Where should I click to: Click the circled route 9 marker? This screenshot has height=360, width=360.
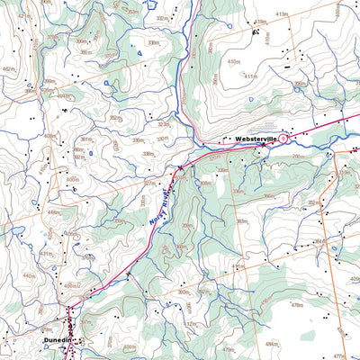(283, 139)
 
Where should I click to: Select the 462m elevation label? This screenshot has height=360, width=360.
(9, 68)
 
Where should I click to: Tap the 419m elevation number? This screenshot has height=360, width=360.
(261, 21)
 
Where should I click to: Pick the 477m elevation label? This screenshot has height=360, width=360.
(339, 331)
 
